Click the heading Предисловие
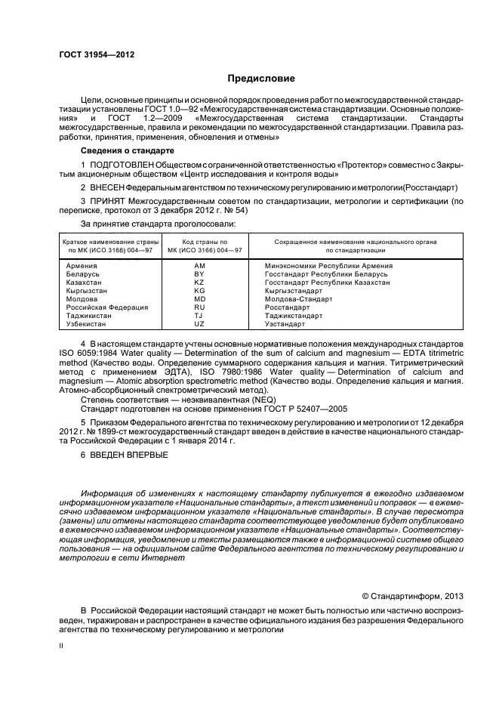[x=260, y=78]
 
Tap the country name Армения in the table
[x=82, y=266]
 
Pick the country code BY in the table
[x=199, y=274]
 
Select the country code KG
[x=199, y=291]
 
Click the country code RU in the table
[x=199, y=307]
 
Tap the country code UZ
[x=199, y=324]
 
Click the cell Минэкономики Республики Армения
[x=328, y=266]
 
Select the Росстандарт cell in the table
[x=287, y=307]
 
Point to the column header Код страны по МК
[x=199, y=245]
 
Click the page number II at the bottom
[x=63, y=647]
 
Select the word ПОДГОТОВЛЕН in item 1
[x=122, y=165]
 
